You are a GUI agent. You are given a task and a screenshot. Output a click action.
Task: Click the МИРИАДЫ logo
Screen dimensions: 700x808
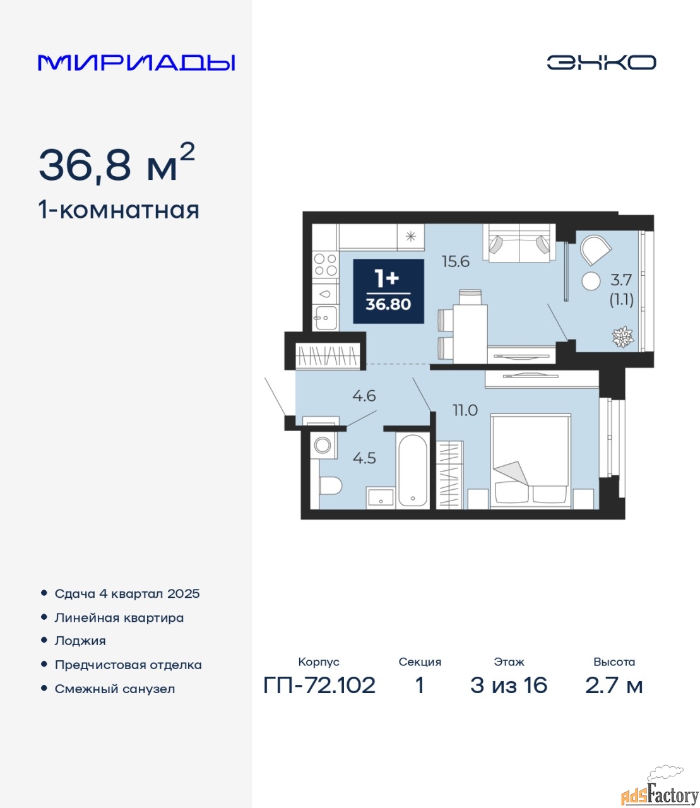point(136,62)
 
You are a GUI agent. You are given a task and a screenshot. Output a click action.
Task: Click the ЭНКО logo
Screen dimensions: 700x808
point(601,62)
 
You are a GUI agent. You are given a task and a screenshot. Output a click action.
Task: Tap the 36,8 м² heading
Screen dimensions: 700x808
point(117,163)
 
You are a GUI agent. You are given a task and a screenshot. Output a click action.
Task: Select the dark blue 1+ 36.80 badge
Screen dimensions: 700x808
point(388,291)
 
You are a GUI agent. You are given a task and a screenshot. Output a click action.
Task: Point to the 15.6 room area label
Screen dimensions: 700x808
point(455,261)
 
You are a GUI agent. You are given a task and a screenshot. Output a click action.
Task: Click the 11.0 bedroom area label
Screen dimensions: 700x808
point(465,410)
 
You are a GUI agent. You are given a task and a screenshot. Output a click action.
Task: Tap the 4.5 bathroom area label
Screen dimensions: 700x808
point(364,458)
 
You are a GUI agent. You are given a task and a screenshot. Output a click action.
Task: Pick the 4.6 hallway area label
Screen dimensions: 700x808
point(364,396)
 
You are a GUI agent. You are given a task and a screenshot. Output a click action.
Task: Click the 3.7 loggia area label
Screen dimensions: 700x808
point(621,280)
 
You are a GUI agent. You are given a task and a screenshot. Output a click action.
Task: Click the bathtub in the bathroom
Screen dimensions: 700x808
point(412,470)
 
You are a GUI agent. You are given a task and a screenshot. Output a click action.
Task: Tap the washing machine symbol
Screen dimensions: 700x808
point(323,445)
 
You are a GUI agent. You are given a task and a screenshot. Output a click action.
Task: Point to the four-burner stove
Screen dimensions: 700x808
point(326,264)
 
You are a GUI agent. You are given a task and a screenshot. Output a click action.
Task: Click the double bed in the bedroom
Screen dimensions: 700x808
point(530,461)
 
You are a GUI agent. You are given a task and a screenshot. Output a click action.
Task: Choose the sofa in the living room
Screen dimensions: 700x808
point(519,242)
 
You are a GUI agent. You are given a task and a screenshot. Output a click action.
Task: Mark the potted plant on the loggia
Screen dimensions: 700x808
point(622,336)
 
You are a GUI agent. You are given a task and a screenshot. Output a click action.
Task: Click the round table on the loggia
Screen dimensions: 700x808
point(591,281)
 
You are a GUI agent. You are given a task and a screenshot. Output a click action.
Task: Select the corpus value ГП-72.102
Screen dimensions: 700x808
point(319,686)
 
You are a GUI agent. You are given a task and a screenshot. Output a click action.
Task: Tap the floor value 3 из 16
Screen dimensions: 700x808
point(509,686)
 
